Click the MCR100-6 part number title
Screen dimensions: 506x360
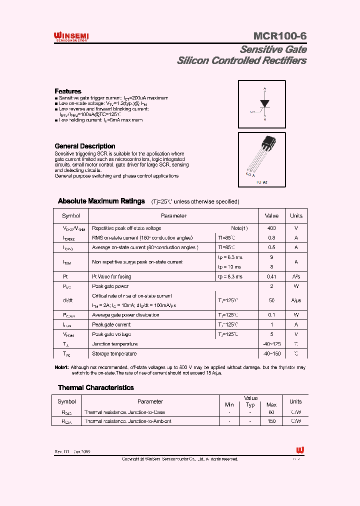[279, 36]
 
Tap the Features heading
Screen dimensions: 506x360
[67, 91]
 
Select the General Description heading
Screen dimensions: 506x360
[84, 146]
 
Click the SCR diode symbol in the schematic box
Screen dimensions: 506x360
[264, 103]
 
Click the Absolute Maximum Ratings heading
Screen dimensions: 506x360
[101, 201]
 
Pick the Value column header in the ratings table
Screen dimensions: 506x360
[271, 216]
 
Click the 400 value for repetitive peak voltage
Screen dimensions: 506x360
[271, 228]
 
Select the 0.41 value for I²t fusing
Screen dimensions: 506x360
[271, 276]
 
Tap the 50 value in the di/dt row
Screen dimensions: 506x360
[271, 300]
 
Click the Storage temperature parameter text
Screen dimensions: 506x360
[114, 354]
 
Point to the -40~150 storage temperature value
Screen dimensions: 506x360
[271, 354]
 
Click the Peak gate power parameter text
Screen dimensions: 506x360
[110, 286]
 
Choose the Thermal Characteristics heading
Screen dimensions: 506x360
[95, 387]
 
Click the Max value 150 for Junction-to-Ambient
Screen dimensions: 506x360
[271, 421]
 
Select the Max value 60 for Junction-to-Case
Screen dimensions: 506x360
[271, 412]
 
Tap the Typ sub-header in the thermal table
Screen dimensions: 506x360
[250, 404]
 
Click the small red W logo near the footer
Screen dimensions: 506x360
[300, 450]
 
